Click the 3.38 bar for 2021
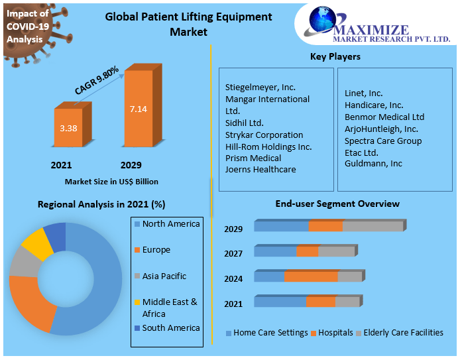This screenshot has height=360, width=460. coord(68,128)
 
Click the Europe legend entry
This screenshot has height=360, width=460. coord(156,250)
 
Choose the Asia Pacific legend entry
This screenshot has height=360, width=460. coord(164,276)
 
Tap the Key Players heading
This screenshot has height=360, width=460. coord(335,57)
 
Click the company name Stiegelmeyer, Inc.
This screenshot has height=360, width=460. coord(260,87)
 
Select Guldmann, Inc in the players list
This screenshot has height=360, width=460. coord(373,163)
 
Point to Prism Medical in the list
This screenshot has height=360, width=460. coord(253,158)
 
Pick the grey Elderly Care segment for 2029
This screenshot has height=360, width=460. coord(373,227)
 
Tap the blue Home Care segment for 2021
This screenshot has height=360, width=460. coord(280,302)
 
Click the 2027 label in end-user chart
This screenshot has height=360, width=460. coord(233,253)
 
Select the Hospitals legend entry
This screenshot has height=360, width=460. coord(335,333)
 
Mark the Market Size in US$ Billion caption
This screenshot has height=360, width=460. coord(111,181)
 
